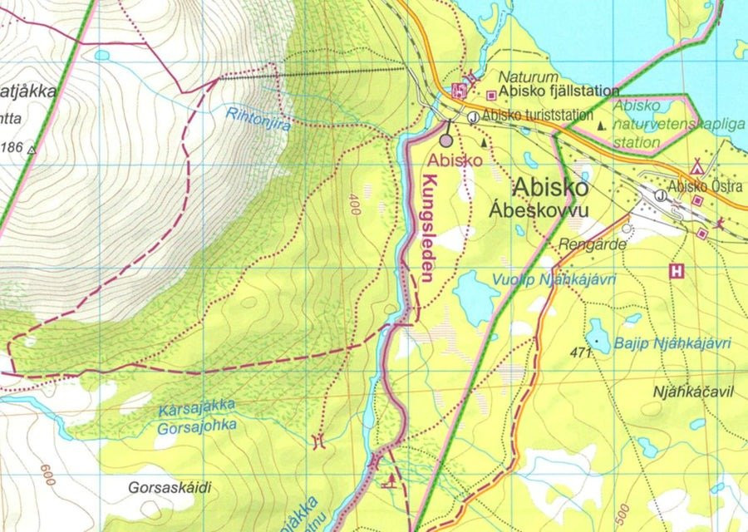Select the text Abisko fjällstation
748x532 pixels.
[562, 91]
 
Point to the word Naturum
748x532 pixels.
[511, 75]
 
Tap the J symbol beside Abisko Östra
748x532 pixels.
[660, 195]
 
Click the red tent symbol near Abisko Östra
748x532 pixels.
[696, 167]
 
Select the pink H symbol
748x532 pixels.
[677, 270]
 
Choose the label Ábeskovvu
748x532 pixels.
[550, 210]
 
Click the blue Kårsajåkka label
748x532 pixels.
[196, 406]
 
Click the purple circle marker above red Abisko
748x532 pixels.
[446, 141]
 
